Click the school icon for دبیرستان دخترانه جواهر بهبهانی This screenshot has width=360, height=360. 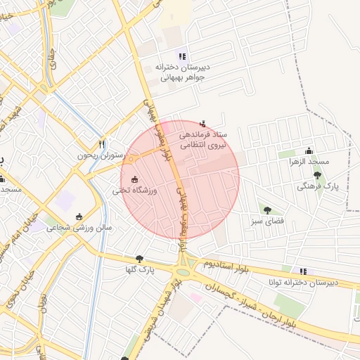(182, 56)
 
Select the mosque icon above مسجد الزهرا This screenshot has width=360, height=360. (309, 150)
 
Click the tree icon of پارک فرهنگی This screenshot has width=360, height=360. (317, 175)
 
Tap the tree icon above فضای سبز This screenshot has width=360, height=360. (267, 210)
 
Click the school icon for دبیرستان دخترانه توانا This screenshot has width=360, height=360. (303, 271)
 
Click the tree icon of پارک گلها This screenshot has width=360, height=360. (139, 258)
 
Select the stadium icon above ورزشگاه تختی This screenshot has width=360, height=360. (135, 179)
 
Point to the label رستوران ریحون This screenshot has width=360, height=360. (101, 155)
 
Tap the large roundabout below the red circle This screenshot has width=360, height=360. (183, 271)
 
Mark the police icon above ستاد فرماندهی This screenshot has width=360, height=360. (204, 124)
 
